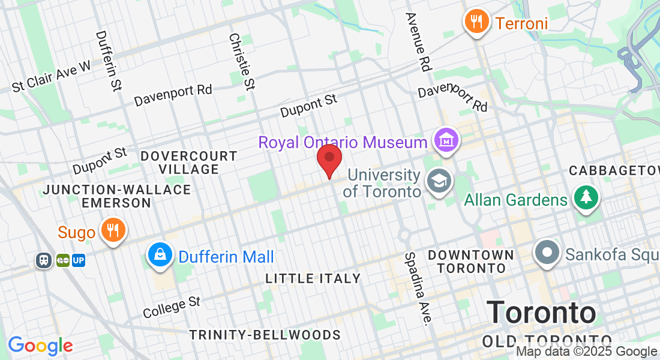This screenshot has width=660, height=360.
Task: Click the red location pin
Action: [329, 158]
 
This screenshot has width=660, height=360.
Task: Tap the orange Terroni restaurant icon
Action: [476, 22]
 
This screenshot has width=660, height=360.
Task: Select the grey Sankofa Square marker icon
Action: [547, 253]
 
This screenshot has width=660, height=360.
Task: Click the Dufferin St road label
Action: [108, 61]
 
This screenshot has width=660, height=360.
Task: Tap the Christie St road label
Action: [242, 61]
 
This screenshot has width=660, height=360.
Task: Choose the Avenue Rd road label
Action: [419, 43]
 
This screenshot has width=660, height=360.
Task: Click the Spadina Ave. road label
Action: [418, 288]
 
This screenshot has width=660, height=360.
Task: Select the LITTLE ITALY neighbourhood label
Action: [313, 278]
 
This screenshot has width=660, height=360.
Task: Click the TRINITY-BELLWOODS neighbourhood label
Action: [265, 335]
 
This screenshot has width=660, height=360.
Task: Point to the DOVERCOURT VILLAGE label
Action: [188, 163]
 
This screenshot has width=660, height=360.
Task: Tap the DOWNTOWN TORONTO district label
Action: [471, 261]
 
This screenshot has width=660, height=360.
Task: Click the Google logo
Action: [40, 346]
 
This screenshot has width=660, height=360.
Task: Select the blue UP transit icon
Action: [79, 260]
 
